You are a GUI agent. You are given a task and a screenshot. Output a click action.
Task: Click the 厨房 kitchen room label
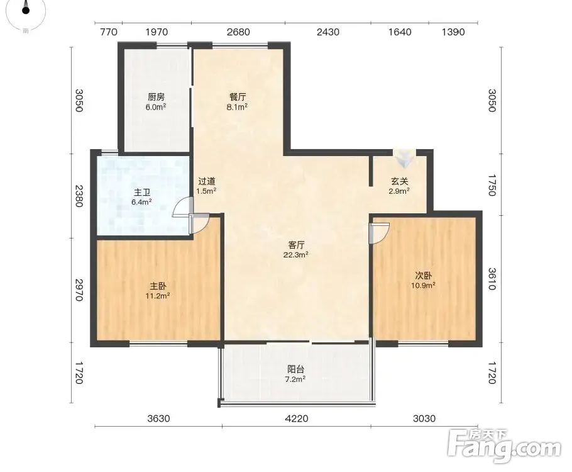[156, 97]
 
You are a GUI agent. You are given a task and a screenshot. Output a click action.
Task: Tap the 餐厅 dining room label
[238, 97]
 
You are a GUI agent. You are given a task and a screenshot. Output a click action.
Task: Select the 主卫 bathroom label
[142, 192]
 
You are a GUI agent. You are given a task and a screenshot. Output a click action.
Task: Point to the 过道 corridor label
[206, 181]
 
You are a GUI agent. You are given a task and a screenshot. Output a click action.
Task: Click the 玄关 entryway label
[399, 181]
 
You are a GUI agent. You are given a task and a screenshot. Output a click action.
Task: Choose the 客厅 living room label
[296, 245]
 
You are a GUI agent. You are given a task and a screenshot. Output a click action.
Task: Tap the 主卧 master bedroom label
[158, 286]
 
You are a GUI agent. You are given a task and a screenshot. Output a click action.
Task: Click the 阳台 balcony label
[295, 369]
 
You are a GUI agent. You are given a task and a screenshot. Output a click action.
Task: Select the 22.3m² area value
[296, 255]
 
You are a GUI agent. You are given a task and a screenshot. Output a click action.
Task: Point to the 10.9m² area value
[423, 285]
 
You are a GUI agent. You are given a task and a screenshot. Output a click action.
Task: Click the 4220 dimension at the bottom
[296, 418]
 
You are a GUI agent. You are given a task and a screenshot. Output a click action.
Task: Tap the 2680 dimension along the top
[238, 32]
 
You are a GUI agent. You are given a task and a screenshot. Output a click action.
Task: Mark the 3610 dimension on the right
[492, 279]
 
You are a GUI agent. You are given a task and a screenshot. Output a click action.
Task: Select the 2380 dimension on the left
[79, 196]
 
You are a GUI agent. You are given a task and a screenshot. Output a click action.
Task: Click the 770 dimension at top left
[108, 32]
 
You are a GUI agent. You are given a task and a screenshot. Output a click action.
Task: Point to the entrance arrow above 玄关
[404, 158]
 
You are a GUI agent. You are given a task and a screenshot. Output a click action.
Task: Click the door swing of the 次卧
[380, 233]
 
